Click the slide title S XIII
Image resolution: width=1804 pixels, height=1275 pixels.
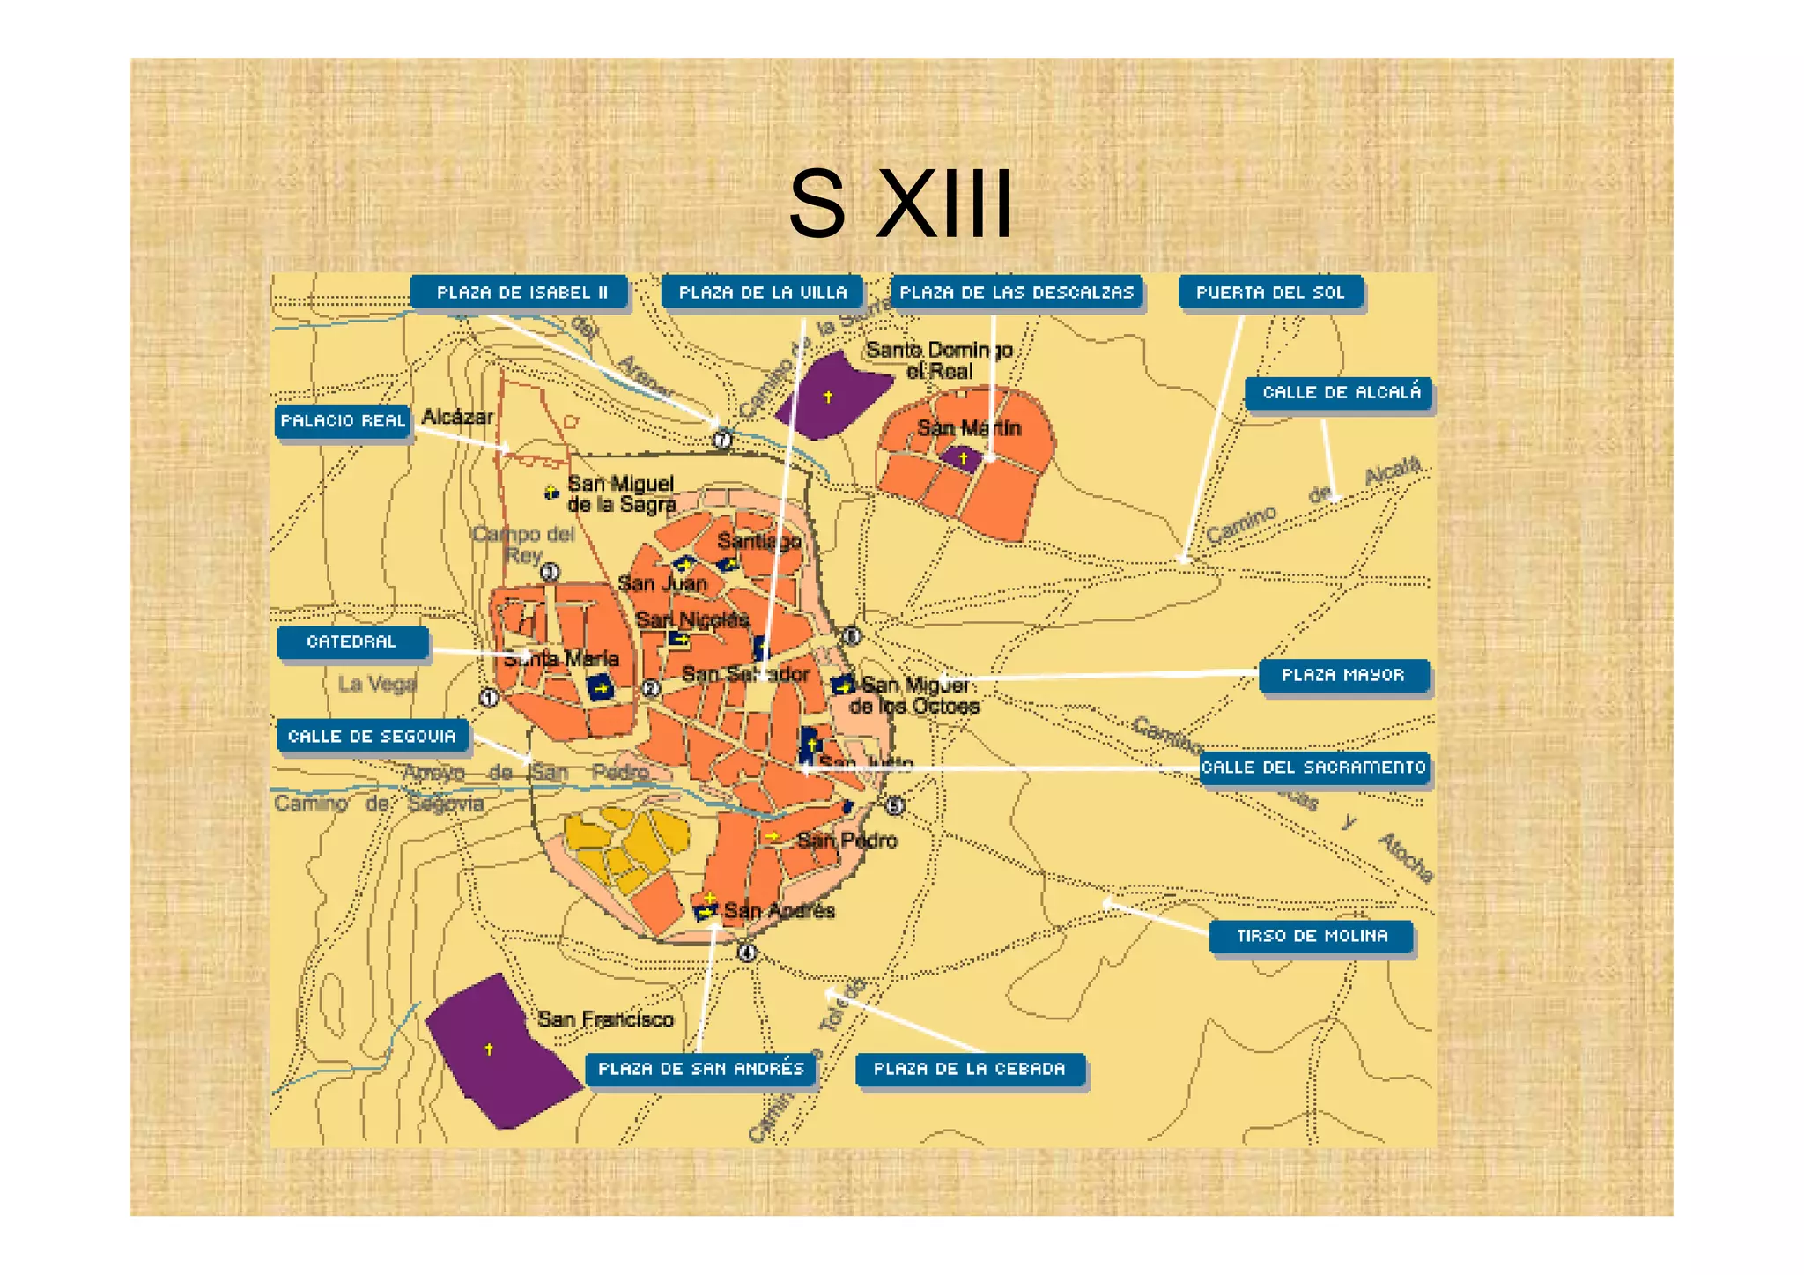click(900, 204)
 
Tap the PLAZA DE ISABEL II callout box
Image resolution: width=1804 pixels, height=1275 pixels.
click(520, 293)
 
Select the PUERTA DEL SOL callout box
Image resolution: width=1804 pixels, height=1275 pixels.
click(1269, 293)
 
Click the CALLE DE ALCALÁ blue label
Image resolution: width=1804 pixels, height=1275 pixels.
click(1339, 393)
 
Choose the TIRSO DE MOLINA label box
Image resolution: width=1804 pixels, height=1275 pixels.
click(1311, 937)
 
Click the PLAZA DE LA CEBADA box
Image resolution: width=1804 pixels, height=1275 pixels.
click(969, 1070)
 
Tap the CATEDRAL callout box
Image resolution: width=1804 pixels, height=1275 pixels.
click(351, 642)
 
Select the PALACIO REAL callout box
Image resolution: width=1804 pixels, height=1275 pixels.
click(343, 421)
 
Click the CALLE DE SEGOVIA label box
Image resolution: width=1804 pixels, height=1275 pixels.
click(372, 737)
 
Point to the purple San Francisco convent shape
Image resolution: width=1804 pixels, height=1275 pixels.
click(498, 1053)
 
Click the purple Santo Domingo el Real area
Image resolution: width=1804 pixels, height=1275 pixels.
click(831, 395)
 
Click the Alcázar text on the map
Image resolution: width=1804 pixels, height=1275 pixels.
click(457, 417)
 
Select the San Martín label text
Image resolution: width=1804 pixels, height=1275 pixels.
click(968, 428)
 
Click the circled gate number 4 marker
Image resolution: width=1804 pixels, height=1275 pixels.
click(746, 953)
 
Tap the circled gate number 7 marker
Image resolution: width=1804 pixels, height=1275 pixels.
click(721, 439)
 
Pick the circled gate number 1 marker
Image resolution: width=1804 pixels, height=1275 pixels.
click(488, 698)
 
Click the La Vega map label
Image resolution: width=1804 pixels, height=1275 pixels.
click(376, 684)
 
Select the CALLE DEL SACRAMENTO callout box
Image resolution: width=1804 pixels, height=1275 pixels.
click(1312, 767)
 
